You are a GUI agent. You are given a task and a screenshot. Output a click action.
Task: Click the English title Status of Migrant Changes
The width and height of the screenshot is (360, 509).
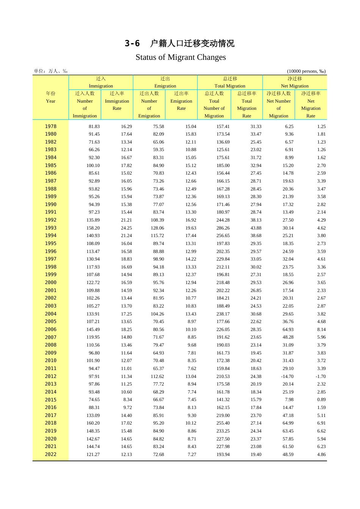180,57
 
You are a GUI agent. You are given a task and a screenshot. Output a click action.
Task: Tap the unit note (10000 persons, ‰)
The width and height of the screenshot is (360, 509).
306,71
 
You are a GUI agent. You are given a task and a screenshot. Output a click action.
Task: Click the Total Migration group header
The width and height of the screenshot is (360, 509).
230,82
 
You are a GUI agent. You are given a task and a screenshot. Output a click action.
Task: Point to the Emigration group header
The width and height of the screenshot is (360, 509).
165,82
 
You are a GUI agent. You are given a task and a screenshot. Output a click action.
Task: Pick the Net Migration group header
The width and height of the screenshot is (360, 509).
294,82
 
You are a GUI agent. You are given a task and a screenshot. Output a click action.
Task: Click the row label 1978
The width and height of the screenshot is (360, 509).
50,126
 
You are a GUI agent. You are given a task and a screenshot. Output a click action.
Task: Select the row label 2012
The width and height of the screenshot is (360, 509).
50,376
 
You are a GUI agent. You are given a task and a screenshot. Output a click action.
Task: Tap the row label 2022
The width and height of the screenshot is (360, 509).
50,454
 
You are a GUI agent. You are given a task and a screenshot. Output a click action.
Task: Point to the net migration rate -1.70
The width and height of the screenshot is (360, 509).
321,376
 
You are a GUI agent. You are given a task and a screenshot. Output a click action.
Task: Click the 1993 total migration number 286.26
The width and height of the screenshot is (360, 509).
223,228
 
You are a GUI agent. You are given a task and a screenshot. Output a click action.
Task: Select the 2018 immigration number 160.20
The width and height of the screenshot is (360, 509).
93,423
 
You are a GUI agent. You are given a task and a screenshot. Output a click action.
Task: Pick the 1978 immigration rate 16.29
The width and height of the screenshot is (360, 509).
126,126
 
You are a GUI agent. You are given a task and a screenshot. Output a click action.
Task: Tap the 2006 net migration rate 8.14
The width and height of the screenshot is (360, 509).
321,329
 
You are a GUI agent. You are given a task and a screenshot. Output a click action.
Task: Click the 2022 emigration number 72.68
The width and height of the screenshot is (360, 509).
158,454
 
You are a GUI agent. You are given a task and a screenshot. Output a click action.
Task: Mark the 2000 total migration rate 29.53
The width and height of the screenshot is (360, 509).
256,283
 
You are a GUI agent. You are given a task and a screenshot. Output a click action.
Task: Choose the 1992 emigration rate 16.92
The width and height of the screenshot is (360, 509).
191,220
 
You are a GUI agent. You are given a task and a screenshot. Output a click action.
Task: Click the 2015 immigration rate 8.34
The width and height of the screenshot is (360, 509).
128,400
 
